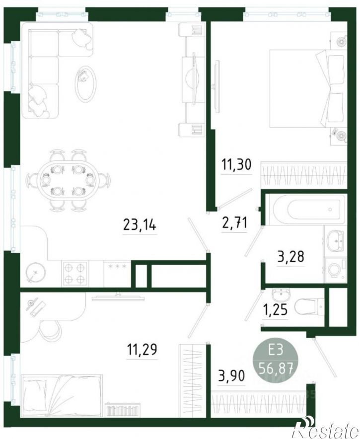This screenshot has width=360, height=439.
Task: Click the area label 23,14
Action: point(140,224)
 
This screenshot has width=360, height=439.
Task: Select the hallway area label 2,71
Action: point(234,223)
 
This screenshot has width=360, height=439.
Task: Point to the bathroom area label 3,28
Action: point(290,256)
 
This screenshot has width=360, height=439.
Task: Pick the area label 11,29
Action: point(142,349)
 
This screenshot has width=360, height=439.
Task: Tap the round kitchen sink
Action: point(35,272)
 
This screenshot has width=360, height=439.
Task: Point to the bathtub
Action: point(306,210)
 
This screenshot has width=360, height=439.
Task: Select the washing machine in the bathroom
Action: point(335,270)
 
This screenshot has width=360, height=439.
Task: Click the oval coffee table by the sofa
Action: point(86,84)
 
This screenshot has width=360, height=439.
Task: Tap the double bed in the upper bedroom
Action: point(306,88)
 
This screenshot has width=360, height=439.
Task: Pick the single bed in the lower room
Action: point(62,395)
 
